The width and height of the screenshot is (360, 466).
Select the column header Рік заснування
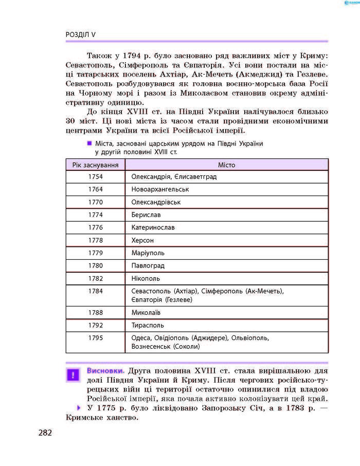pyautogui.click(x=96, y=165)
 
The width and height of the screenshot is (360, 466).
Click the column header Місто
pyautogui.click(x=227, y=165)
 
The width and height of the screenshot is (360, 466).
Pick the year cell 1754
pyautogui.click(x=96, y=176)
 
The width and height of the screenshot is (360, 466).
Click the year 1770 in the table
pyautogui.click(x=96, y=202)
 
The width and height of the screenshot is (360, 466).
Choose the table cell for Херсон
pyautogui.click(x=142, y=240)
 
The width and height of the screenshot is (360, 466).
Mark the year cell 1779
pyautogui.click(x=96, y=253)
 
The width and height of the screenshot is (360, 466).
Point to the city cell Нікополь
pyautogui.click(x=146, y=278)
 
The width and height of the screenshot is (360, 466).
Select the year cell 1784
pyautogui.click(x=96, y=291)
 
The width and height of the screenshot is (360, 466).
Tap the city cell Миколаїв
pyautogui.click(x=146, y=312)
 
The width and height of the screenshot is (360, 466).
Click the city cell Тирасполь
pyautogui.click(x=148, y=325)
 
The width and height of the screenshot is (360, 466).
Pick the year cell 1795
pyautogui.click(x=96, y=338)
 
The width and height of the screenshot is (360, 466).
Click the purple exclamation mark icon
pyautogui.click(x=74, y=374)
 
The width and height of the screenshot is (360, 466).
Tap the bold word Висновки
pyautogui.click(x=105, y=370)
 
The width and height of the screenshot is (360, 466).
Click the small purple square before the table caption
pyautogui.click(x=89, y=144)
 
